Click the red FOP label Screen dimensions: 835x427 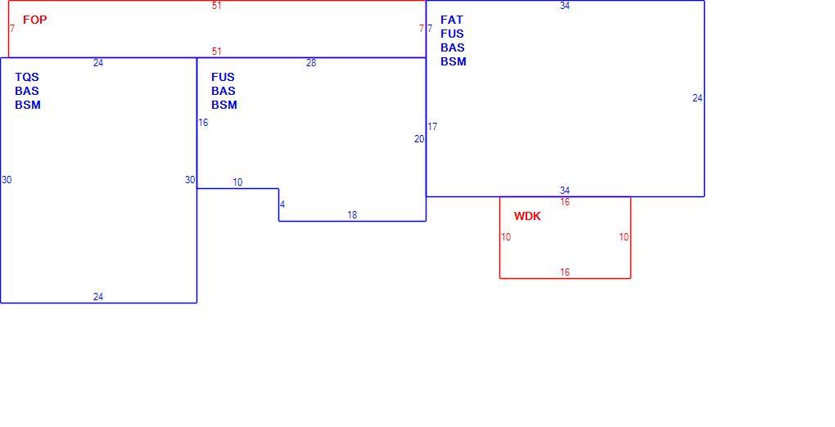tap(34, 20)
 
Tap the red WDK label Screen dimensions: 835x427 tap(527, 216)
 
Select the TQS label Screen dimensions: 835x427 tap(27, 77)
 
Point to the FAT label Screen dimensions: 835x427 tap(452, 20)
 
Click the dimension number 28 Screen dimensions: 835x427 tap(311, 63)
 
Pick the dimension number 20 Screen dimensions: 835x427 tap(419, 139)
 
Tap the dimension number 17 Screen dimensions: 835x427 tap(432, 127)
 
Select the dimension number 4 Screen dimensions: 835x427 tap(282, 205)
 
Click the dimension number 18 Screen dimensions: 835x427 tap(352, 215)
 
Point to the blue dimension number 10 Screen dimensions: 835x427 tap(237, 182)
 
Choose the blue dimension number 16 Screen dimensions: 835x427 tap(203, 123)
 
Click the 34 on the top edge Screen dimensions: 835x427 tap(565, 6)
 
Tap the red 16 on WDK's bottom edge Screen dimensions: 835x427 tap(565, 272)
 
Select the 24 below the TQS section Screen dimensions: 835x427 tap(98, 297)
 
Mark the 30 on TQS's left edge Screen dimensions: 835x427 tap(7, 180)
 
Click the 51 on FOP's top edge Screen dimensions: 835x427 tap(216, 6)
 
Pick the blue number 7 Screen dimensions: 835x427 tap(430, 28)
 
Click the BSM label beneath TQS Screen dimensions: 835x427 tap(28, 105)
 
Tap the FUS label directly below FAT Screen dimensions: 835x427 tap(452, 34)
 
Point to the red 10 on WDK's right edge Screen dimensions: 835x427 tap(624, 237)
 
